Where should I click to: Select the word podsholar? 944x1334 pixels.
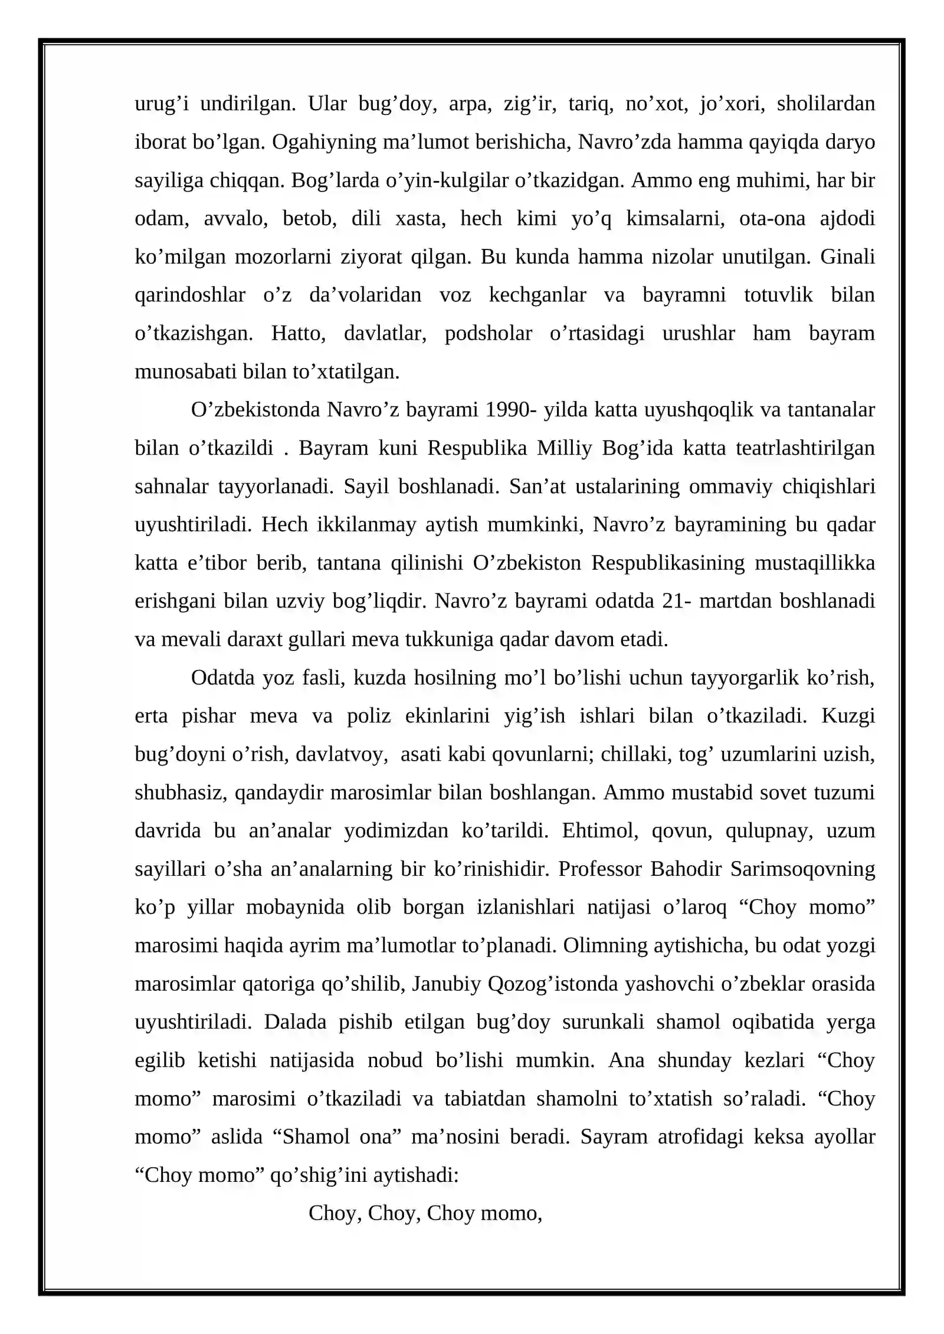point(488,333)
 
